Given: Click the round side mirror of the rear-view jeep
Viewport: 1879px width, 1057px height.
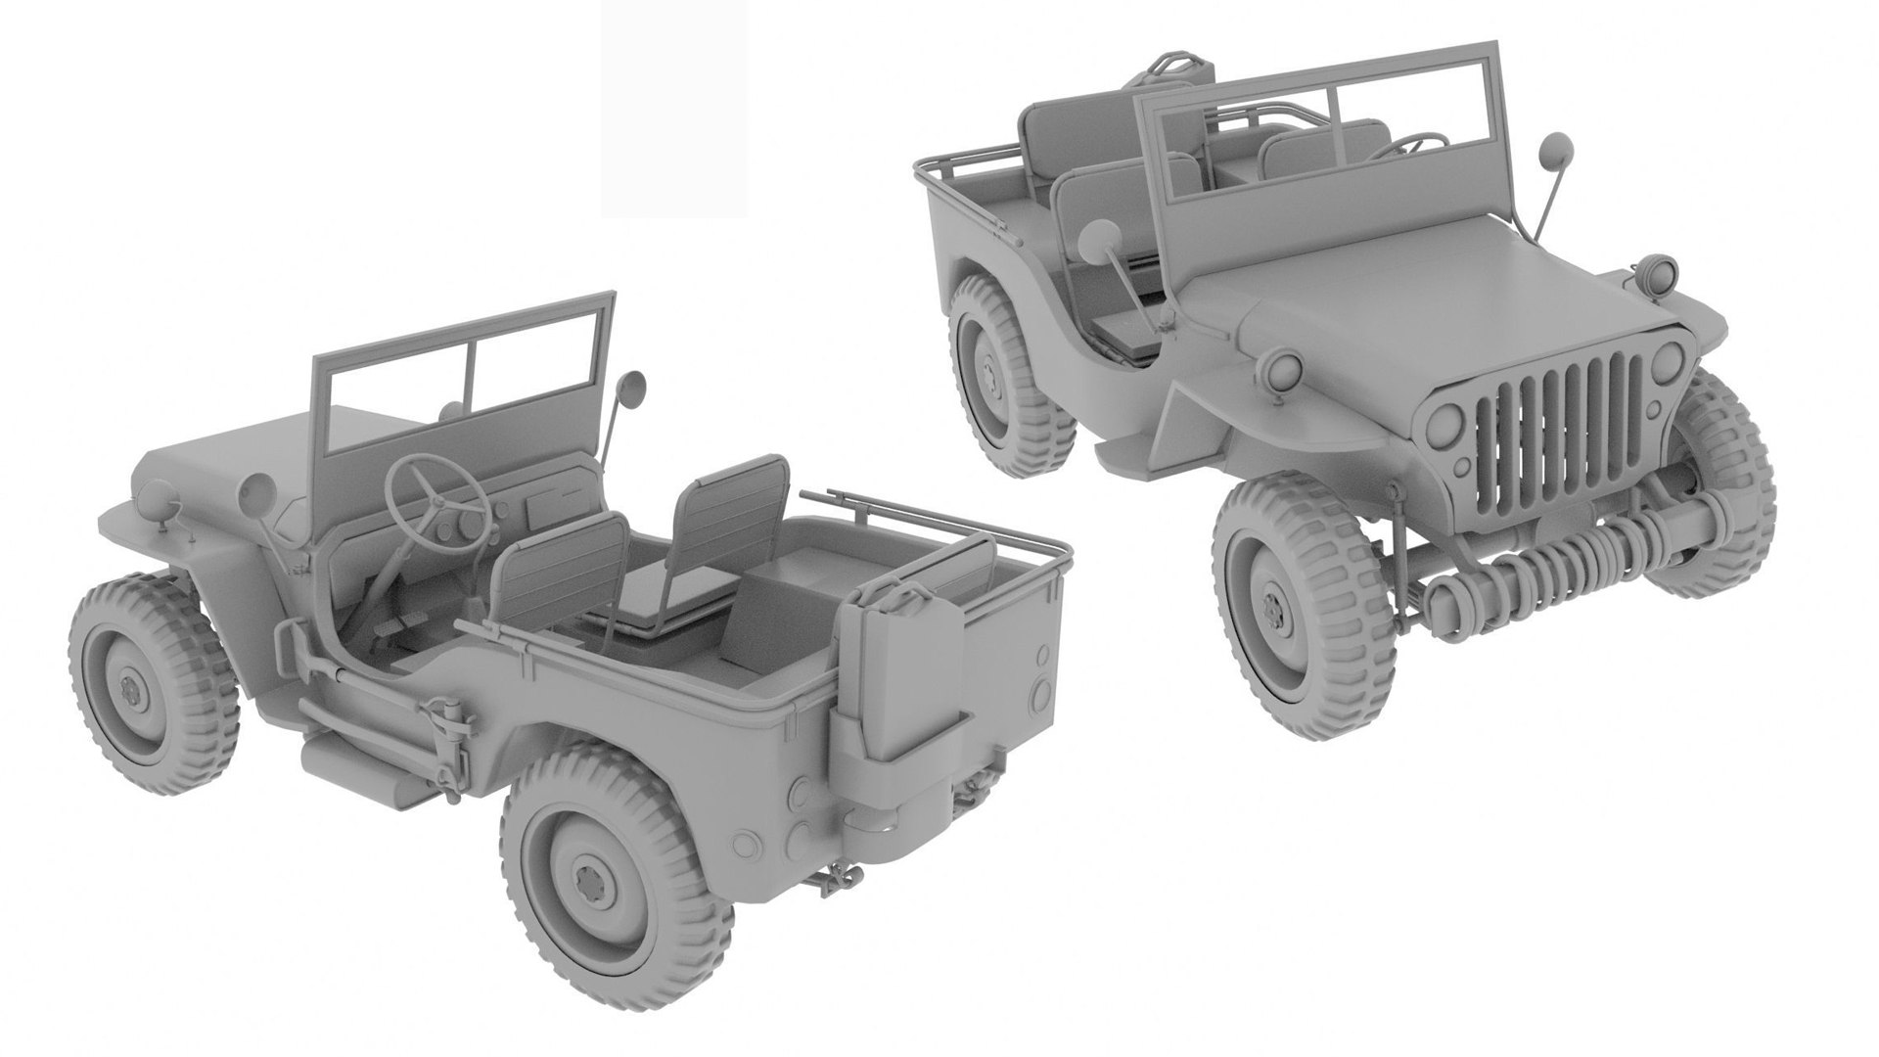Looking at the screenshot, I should point(631,389).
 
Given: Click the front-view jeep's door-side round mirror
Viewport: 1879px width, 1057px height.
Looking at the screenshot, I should point(1101,241).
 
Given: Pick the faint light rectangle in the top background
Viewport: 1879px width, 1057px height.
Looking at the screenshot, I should point(674,108).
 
